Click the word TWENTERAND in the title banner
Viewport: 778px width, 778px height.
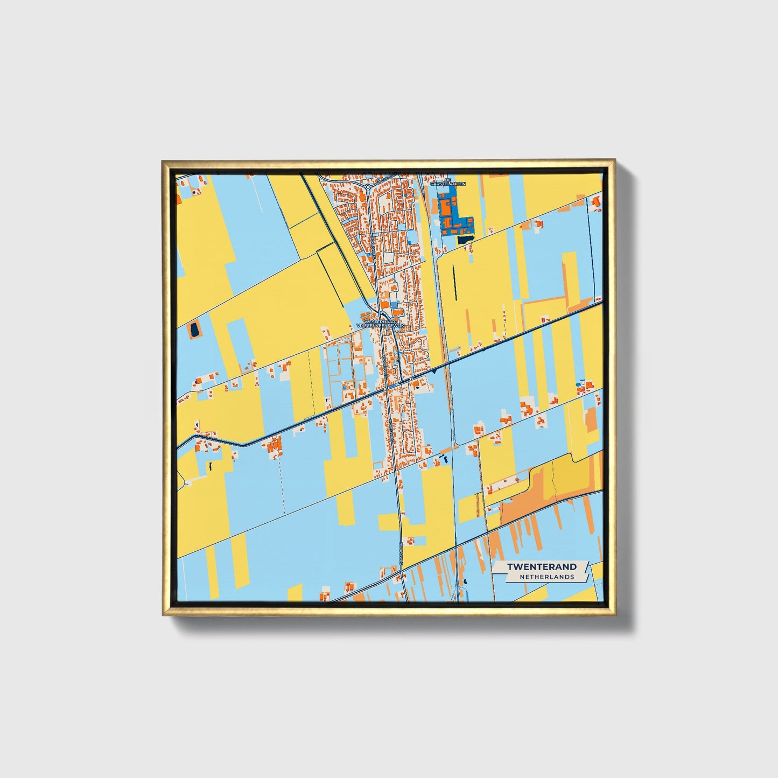point(542,566)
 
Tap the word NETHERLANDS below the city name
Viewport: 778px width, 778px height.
point(546,577)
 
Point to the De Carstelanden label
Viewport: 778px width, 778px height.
point(447,182)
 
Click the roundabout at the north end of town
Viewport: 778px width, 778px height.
point(367,187)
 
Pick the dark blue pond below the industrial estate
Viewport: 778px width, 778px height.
point(464,240)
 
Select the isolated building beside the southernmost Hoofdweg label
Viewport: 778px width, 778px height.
point(411,539)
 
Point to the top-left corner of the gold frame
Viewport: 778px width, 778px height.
point(163,161)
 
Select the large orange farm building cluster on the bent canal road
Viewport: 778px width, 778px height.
point(275,445)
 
